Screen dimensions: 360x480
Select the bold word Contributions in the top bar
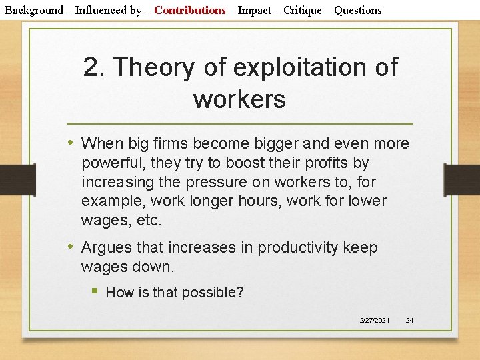pyautogui.click(x=190, y=10)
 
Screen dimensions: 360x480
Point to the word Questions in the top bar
pyautogui.click(x=358, y=10)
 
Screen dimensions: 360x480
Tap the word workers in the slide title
pyautogui.click(x=239, y=99)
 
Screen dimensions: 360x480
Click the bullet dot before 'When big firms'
pyautogui.click(x=71, y=143)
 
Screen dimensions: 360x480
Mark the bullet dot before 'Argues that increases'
pyautogui.click(x=71, y=247)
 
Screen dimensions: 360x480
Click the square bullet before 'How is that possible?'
pyautogui.click(x=96, y=291)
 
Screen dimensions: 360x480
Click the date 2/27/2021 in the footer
pyautogui.click(x=375, y=321)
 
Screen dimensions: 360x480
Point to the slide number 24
pyautogui.click(x=409, y=321)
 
